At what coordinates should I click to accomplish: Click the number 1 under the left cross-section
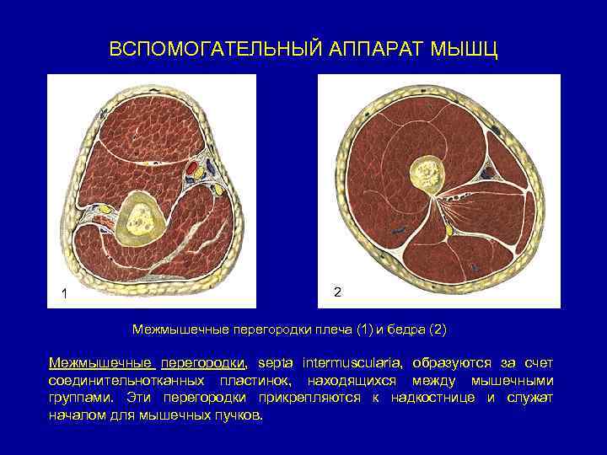click(x=64, y=293)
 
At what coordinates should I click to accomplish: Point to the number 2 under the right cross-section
click(x=337, y=292)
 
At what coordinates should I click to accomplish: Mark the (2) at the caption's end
click(x=442, y=329)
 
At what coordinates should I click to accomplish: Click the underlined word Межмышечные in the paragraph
click(x=101, y=363)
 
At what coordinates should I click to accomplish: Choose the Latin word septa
click(x=275, y=363)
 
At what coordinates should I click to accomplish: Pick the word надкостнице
click(x=430, y=399)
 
